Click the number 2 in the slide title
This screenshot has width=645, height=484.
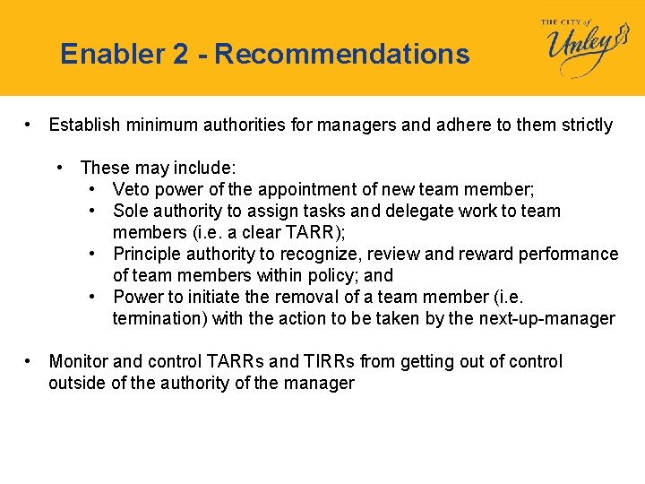pos(181,55)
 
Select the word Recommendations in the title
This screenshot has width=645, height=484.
pos(342,55)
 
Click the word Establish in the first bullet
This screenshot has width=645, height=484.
pos(83,125)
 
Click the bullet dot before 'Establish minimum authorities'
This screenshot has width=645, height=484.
pos(30,125)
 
